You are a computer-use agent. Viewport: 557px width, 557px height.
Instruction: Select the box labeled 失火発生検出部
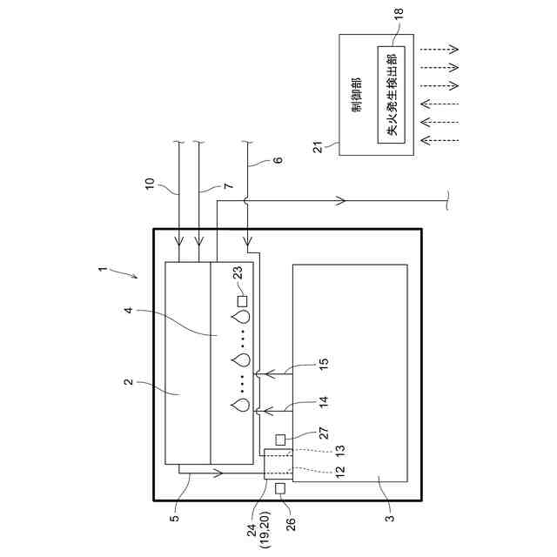click(391, 93)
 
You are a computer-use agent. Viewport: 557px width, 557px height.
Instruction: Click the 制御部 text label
click(358, 94)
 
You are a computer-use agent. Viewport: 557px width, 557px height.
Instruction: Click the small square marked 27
click(281, 439)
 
